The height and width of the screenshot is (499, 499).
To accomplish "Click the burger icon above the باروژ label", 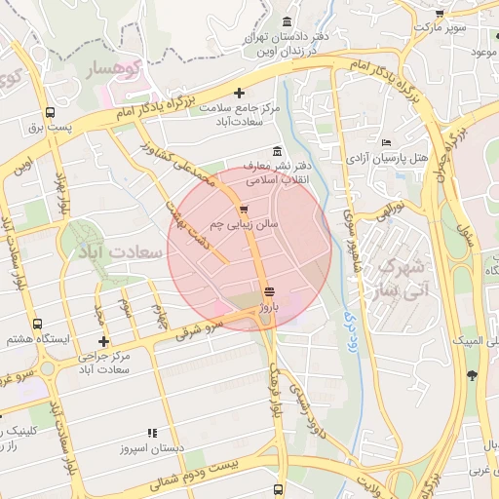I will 269,291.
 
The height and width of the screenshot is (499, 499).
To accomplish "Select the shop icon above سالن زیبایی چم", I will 243,210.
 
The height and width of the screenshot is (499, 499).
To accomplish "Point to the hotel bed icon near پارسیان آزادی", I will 387,143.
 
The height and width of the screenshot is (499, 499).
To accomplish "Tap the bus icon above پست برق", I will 49,113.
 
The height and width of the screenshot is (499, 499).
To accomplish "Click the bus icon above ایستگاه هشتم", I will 37,324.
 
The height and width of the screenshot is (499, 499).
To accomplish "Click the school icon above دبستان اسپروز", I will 151,433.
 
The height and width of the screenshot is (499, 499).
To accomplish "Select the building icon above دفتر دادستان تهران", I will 287,22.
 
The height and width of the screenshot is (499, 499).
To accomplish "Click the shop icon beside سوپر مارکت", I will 440,15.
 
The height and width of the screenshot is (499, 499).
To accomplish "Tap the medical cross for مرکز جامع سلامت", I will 239,93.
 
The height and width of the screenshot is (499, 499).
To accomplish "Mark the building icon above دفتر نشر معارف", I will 279,151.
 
